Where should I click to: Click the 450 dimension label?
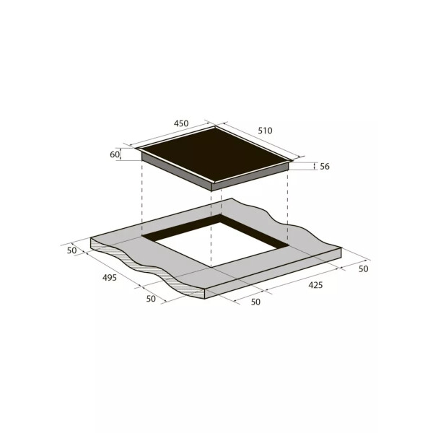pyautogui.click(x=181, y=123)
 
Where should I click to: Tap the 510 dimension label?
pyautogui.click(x=265, y=131)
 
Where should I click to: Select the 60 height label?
pyautogui.click(x=115, y=154)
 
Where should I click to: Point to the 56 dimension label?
pyautogui.click(x=325, y=166)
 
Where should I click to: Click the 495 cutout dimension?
pyautogui.click(x=110, y=278)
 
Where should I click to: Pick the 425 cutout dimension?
pyautogui.click(x=315, y=285)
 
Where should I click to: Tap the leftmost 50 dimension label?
pyautogui.click(x=71, y=250)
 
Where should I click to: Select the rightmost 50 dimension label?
pyautogui.click(x=364, y=268)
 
